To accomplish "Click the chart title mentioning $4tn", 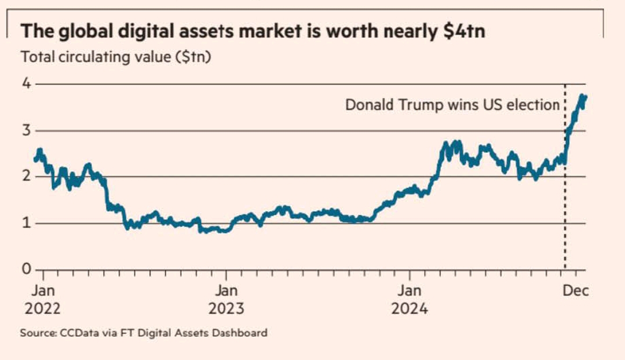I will pyautogui.click(x=253, y=32).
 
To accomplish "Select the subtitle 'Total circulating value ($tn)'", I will pyautogui.click(x=114, y=58).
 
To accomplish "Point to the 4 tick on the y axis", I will pyautogui.click(x=25, y=83).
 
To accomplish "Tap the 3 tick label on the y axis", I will pyautogui.click(x=25, y=130).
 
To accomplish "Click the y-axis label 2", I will pyautogui.click(x=25, y=177).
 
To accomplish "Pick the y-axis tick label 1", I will pyautogui.click(x=25, y=223).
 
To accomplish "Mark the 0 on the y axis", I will pyautogui.click(x=25, y=270).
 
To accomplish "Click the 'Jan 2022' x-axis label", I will pyautogui.click(x=42, y=299).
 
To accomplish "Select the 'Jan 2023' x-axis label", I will pyautogui.click(x=226, y=299).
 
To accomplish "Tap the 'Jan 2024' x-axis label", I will pyautogui.click(x=410, y=299).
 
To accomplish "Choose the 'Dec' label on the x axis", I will pyautogui.click(x=575, y=291).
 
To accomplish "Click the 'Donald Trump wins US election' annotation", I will pyautogui.click(x=452, y=105).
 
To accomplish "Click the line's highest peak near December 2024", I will pyautogui.click(x=581, y=95).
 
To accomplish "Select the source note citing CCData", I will pyautogui.click(x=144, y=333).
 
